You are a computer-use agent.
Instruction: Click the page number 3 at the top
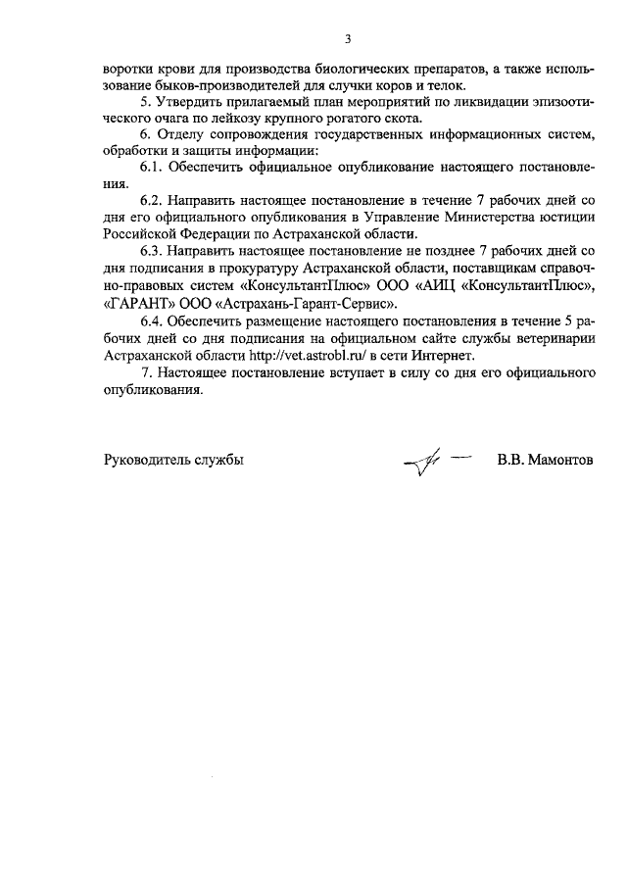pyautogui.click(x=347, y=39)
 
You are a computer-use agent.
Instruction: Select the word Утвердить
pyautogui.click(x=190, y=103)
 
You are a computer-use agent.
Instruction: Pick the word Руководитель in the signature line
pyautogui.click(x=145, y=460)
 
